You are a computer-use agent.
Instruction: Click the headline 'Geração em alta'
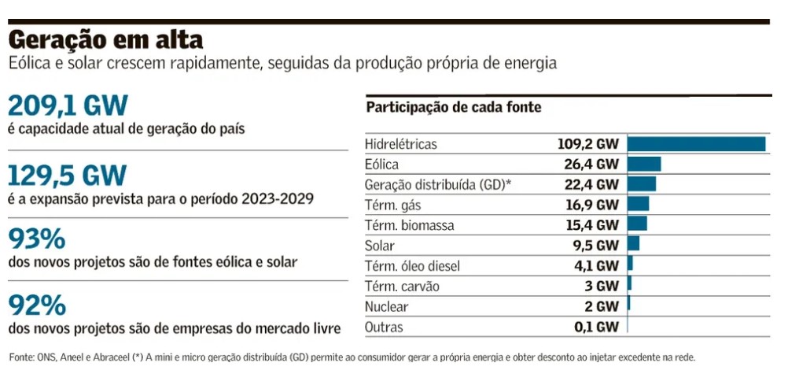105,39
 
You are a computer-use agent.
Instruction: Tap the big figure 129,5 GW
68,175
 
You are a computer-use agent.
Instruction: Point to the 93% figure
37,239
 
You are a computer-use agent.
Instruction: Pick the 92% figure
37,305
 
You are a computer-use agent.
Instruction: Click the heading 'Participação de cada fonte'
454,108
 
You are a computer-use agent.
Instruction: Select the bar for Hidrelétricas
696,144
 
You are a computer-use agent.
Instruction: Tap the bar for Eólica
644,165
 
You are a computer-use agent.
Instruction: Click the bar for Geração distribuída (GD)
642,184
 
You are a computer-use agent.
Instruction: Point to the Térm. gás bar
638,205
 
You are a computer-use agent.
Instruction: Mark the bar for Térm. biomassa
637,225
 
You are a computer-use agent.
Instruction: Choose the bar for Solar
633,246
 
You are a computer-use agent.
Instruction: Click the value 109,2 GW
586,145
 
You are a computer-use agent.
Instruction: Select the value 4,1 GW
597,266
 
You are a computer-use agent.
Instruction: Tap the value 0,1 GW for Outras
597,327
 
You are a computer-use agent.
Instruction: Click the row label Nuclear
387,306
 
